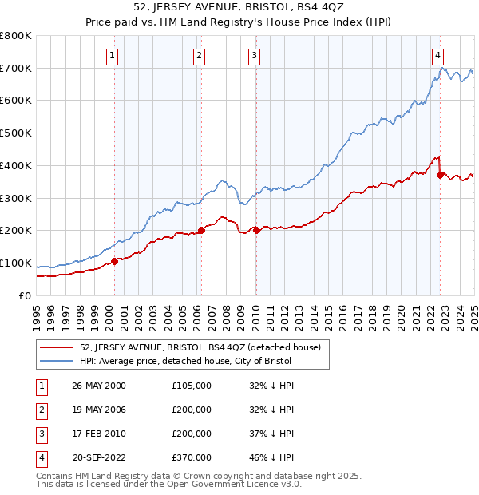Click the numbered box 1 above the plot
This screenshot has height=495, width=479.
point(113,55)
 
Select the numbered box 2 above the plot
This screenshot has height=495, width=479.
point(198,55)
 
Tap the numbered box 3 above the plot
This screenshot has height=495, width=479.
point(253,55)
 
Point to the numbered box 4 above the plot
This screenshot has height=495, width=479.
point(438,55)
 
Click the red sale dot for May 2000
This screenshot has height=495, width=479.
point(114,260)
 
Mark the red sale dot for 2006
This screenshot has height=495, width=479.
point(201,230)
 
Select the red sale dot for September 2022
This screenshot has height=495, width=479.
point(440,175)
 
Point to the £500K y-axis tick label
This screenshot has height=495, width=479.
point(16,133)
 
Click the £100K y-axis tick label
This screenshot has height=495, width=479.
point(16,263)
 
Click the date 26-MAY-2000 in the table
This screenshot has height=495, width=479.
point(99,386)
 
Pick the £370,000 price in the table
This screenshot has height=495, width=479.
point(192,457)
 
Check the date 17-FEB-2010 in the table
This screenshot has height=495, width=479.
point(99,434)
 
